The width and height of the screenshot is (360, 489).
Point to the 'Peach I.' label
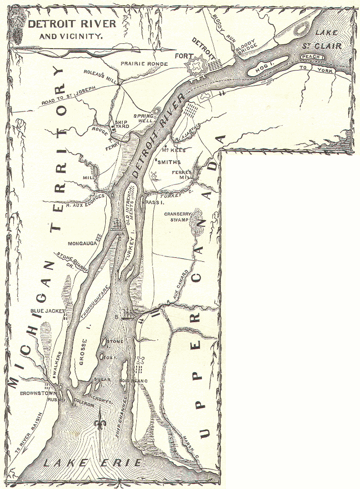pyautogui.click(x=312, y=57)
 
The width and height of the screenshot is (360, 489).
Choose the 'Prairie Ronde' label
pyautogui.click(x=144, y=63)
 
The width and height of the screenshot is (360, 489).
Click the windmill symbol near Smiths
pyautogui.click(x=153, y=175)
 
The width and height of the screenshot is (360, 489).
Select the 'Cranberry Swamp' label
pyautogui.click(x=178, y=217)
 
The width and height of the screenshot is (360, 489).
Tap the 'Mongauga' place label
pyautogui.click(x=82, y=243)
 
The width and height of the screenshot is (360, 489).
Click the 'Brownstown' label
pyautogui.click(x=37, y=394)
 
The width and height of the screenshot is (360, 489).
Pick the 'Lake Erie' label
pyautogui.click(x=91, y=462)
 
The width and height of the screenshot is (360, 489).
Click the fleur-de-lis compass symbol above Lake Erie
pyautogui.click(x=100, y=422)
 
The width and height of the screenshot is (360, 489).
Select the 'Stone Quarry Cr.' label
pyautogui.click(x=73, y=262)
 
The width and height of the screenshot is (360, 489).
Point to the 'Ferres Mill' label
pyautogui.click(x=182, y=174)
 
